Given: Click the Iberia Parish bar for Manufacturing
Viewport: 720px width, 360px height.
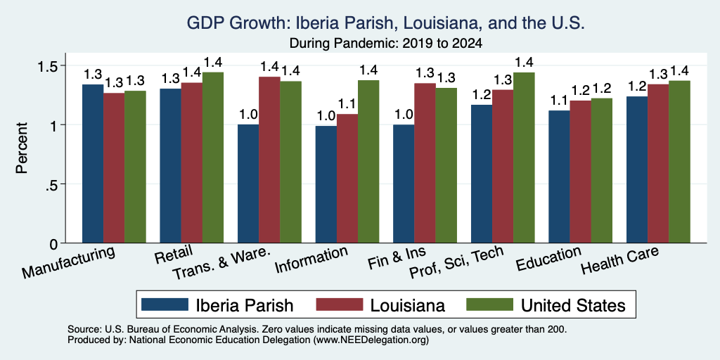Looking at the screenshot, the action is point(93,163).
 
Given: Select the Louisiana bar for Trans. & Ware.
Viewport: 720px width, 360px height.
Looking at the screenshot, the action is point(269,160).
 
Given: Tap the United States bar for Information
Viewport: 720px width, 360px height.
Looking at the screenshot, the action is point(368,162).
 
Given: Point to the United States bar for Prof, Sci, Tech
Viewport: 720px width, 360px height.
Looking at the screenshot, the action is point(525,157).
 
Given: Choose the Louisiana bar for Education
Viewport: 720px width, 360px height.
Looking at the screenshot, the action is point(580,172).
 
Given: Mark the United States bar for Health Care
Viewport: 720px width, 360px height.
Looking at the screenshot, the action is point(680,162).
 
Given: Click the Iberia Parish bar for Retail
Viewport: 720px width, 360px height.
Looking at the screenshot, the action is point(170,166).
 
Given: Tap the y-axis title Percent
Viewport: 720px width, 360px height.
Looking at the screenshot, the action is point(22,148).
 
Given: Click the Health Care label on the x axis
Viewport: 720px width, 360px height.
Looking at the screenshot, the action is point(620,259).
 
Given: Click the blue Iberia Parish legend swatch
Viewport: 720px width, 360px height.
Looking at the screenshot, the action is point(165,304).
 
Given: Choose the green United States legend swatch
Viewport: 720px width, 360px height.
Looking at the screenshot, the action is point(489,304).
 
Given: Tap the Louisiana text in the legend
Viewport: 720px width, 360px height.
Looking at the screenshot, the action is point(407,305).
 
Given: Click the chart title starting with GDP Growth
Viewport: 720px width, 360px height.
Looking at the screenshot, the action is point(386,23).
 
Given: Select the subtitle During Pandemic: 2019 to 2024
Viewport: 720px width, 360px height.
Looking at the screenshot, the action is point(386,44).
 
